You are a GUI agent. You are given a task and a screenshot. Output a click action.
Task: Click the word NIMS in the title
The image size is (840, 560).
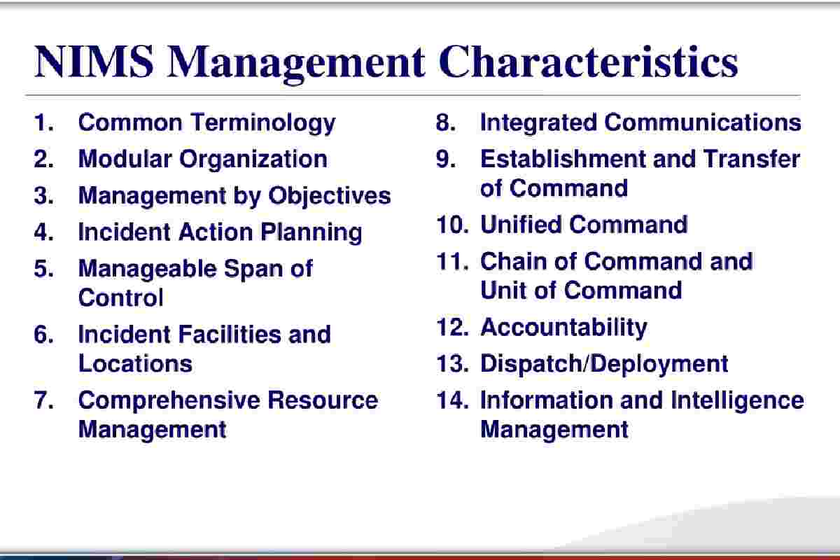[x=94, y=62]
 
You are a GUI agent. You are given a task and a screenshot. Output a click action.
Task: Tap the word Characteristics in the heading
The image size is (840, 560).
[x=589, y=62]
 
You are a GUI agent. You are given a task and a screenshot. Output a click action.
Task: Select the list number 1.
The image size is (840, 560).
[x=43, y=122]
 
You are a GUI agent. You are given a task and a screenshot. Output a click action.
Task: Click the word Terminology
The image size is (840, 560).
[x=263, y=124]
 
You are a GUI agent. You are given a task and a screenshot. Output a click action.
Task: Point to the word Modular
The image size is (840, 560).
[x=125, y=159]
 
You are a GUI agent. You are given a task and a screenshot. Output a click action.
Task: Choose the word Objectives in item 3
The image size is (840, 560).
[x=330, y=197]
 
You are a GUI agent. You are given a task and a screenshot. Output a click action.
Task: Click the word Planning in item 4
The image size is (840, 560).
[x=311, y=233]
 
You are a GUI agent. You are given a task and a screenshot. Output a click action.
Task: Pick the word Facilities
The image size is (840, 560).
[x=229, y=334]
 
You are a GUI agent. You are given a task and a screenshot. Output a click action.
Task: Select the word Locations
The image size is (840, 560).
[x=135, y=363]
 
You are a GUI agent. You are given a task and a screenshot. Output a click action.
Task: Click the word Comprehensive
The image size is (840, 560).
[x=169, y=401]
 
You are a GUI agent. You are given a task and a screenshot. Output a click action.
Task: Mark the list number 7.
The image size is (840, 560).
[x=43, y=400]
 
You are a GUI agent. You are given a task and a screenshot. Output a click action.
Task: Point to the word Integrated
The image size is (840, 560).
[x=538, y=123]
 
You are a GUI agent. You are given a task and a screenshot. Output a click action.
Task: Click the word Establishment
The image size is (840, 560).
[x=563, y=159]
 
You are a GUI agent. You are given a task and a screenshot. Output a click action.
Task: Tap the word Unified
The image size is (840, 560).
[x=521, y=225]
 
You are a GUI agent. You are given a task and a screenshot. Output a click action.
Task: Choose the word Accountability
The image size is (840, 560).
[x=563, y=328]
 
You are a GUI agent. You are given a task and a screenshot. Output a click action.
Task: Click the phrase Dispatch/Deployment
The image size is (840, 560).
[x=604, y=365]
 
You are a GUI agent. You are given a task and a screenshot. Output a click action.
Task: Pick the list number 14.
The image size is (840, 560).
[x=453, y=400]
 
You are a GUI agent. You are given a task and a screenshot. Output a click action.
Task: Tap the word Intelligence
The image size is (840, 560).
[x=737, y=401]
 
